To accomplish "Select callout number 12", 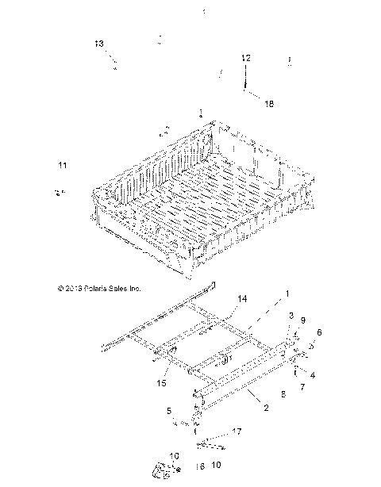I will [x=246, y=58].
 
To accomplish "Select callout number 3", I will [x=291, y=316].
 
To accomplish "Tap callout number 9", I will [x=302, y=321].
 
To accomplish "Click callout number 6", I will [x=320, y=332].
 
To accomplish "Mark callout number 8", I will [x=284, y=393].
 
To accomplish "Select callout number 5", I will [x=168, y=410].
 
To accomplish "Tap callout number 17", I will [x=236, y=431].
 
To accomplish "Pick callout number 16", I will [x=200, y=466].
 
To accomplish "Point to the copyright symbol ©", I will [x=51, y=289].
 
